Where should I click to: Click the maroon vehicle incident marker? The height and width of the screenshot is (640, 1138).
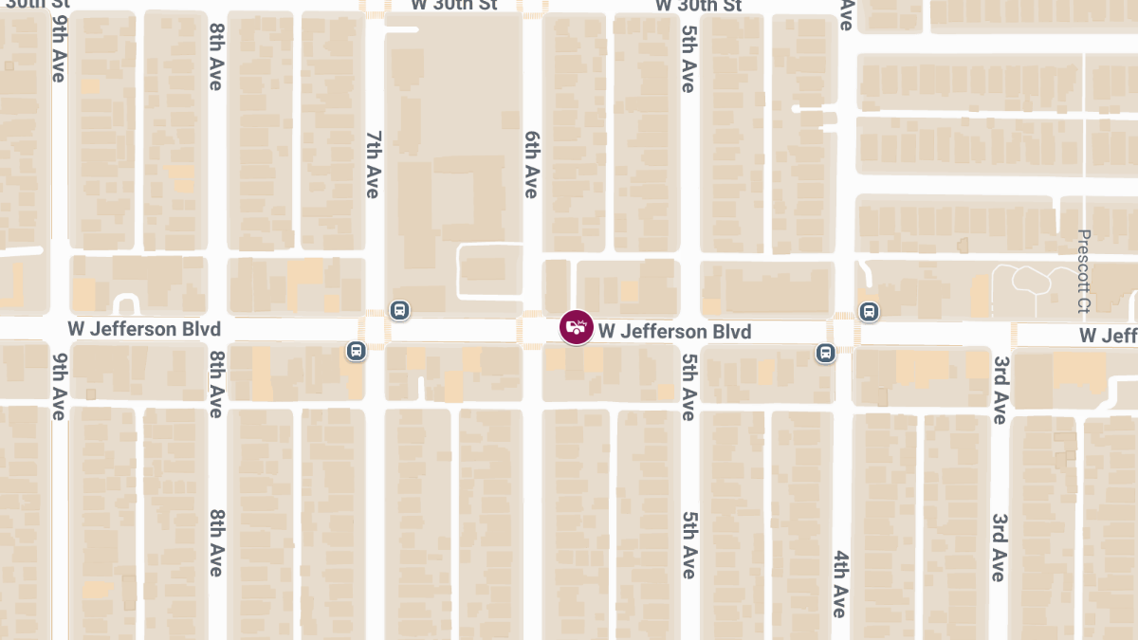pyautogui.click(x=577, y=328)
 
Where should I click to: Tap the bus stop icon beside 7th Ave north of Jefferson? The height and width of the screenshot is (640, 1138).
pyautogui.click(x=400, y=310)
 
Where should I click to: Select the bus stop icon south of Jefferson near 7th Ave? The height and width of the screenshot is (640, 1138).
pyautogui.click(x=356, y=351)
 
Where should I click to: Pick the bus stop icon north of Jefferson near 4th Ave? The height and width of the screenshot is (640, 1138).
pyautogui.click(x=869, y=311)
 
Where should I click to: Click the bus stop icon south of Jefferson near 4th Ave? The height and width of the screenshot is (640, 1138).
pyautogui.click(x=825, y=353)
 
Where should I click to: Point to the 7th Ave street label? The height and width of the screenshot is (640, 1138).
pyautogui.click(x=372, y=165)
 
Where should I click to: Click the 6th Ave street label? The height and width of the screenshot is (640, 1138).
pyautogui.click(x=531, y=165)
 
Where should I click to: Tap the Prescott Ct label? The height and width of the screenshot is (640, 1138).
pyautogui.click(x=1085, y=272)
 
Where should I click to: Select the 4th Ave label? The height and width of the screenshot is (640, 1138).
pyautogui.click(x=840, y=583)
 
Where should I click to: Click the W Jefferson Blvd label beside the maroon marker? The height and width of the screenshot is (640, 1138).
pyautogui.click(x=674, y=331)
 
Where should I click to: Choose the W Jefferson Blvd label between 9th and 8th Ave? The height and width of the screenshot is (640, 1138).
pyautogui.click(x=144, y=329)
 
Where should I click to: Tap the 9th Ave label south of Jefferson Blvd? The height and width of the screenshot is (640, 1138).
pyautogui.click(x=59, y=386)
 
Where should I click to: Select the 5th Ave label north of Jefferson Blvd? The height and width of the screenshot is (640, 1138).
pyautogui.click(x=688, y=59)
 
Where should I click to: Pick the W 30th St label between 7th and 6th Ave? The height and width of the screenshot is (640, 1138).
pyautogui.click(x=453, y=6)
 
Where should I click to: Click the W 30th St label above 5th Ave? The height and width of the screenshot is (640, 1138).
pyautogui.click(x=698, y=6)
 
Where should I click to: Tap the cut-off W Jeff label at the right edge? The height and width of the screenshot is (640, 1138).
pyautogui.click(x=1108, y=336)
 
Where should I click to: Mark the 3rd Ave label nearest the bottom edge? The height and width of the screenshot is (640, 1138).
pyautogui.click(x=1000, y=547)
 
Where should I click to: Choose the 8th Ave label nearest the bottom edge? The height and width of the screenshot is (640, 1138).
pyautogui.click(x=215, y=542)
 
